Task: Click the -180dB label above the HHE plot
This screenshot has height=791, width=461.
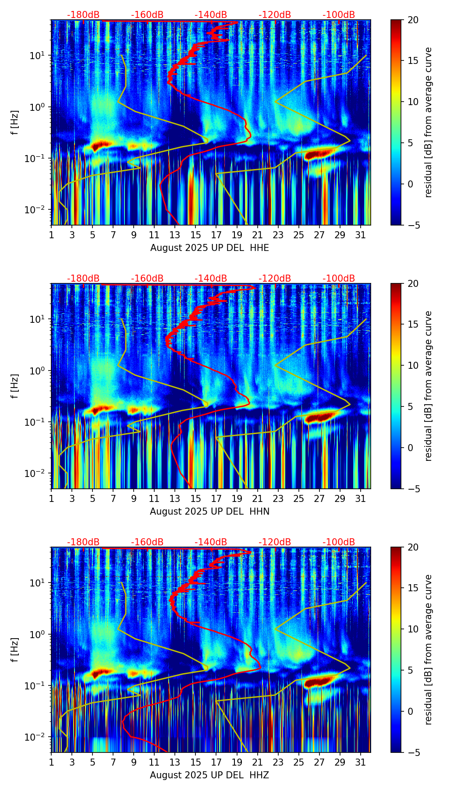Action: [x=83, y=15]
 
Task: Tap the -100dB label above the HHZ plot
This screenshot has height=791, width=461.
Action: [x=339, y=542]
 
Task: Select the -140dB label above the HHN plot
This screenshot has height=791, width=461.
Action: [x=211, y=279]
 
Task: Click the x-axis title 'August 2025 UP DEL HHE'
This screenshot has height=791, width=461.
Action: [x=209, y=248]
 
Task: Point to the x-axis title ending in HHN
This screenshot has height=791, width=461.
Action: [x=209, y=512]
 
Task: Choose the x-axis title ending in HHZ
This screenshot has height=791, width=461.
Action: [x=209, y=775]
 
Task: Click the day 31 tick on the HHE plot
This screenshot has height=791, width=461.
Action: [x=361, y=235]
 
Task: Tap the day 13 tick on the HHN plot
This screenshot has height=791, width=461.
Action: [x=175, y=498]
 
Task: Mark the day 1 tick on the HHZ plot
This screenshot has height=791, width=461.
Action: [x=51, y=762]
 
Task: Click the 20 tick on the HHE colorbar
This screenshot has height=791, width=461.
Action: [x=413, y=20]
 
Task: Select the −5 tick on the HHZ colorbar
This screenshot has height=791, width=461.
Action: [x=413, y=752]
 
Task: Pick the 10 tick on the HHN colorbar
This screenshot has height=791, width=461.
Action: [x=413, y=365]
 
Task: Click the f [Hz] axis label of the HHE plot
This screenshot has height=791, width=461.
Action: [x=15, y=123]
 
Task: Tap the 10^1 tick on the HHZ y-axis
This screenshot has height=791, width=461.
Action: [x=35, y=583]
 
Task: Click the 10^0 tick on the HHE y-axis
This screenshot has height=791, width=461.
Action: [x=35, y=107]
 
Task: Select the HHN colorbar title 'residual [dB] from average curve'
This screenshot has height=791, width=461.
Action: [x=428, y=386]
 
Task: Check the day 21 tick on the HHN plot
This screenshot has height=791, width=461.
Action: [x=257, y=498]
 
